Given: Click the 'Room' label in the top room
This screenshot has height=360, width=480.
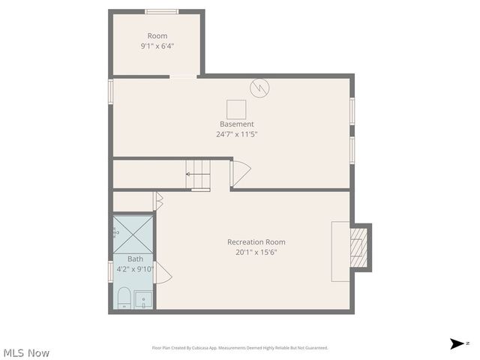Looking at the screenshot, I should [157, 36].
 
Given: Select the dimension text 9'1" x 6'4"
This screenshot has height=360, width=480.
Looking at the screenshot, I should [157, 46].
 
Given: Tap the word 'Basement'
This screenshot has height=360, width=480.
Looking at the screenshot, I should [236, 124].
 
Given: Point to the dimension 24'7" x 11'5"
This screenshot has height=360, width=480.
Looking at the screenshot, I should [236, 135].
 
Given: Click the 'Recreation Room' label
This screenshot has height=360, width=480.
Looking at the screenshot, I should [256, 242].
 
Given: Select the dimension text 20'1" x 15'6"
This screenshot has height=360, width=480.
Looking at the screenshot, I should [256, 253].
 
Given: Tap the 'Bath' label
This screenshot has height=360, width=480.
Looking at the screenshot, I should [135, 259].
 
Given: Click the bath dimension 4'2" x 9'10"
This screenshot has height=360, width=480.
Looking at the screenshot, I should [135, 269].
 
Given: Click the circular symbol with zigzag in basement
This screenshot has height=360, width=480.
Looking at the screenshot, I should [260, 88].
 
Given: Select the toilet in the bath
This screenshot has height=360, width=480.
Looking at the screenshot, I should [124, 298].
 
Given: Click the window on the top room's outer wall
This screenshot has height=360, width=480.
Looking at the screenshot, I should [161, 11].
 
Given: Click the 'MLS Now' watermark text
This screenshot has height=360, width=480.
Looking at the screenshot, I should [27, 352].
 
